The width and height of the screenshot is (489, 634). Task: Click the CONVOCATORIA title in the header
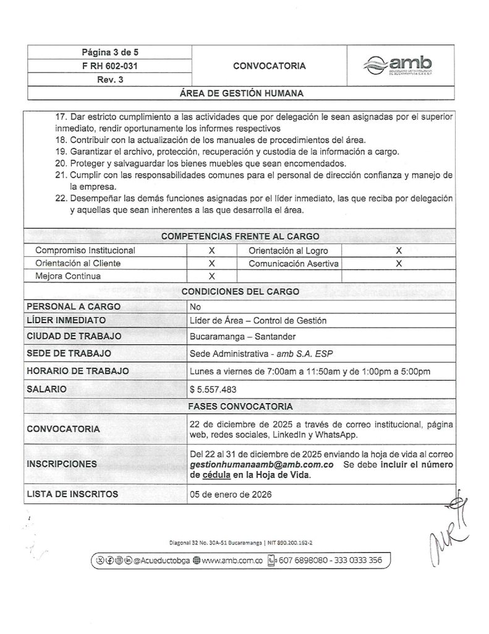coord(269,65)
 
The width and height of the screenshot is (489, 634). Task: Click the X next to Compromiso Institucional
coord(211,251)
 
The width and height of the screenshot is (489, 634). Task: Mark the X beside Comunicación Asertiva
coord(399,263)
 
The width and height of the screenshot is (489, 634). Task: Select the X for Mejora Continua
coord(211,276)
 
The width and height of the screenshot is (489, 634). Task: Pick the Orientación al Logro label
coord(288,251)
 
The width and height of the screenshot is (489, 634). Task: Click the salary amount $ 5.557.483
coord(213,389)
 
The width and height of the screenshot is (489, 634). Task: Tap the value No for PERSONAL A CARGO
coord(197,306)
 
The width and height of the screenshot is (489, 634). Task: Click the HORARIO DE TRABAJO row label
coord(78,371)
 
